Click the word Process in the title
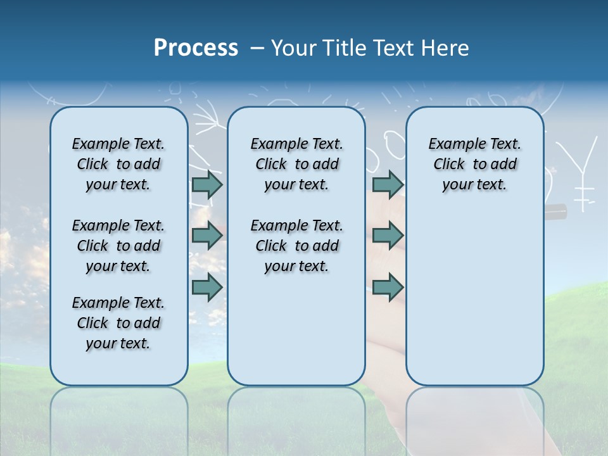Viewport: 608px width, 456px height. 196,47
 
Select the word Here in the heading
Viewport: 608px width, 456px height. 444,47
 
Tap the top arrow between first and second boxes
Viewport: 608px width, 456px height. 207,184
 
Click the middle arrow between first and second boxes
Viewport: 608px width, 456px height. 207,235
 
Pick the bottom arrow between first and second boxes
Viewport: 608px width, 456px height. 207,287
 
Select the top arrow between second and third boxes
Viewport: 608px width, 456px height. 388,184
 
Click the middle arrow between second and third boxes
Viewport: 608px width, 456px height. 388,235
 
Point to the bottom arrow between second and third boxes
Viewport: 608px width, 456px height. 388,287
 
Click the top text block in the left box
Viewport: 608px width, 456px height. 118,164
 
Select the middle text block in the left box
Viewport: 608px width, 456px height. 118,246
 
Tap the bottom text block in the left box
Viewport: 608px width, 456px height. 118,323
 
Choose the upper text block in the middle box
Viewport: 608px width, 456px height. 296,164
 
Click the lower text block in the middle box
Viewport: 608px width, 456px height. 296,246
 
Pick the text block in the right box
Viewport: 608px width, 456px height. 474,164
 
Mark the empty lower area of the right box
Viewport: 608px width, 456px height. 474,298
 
